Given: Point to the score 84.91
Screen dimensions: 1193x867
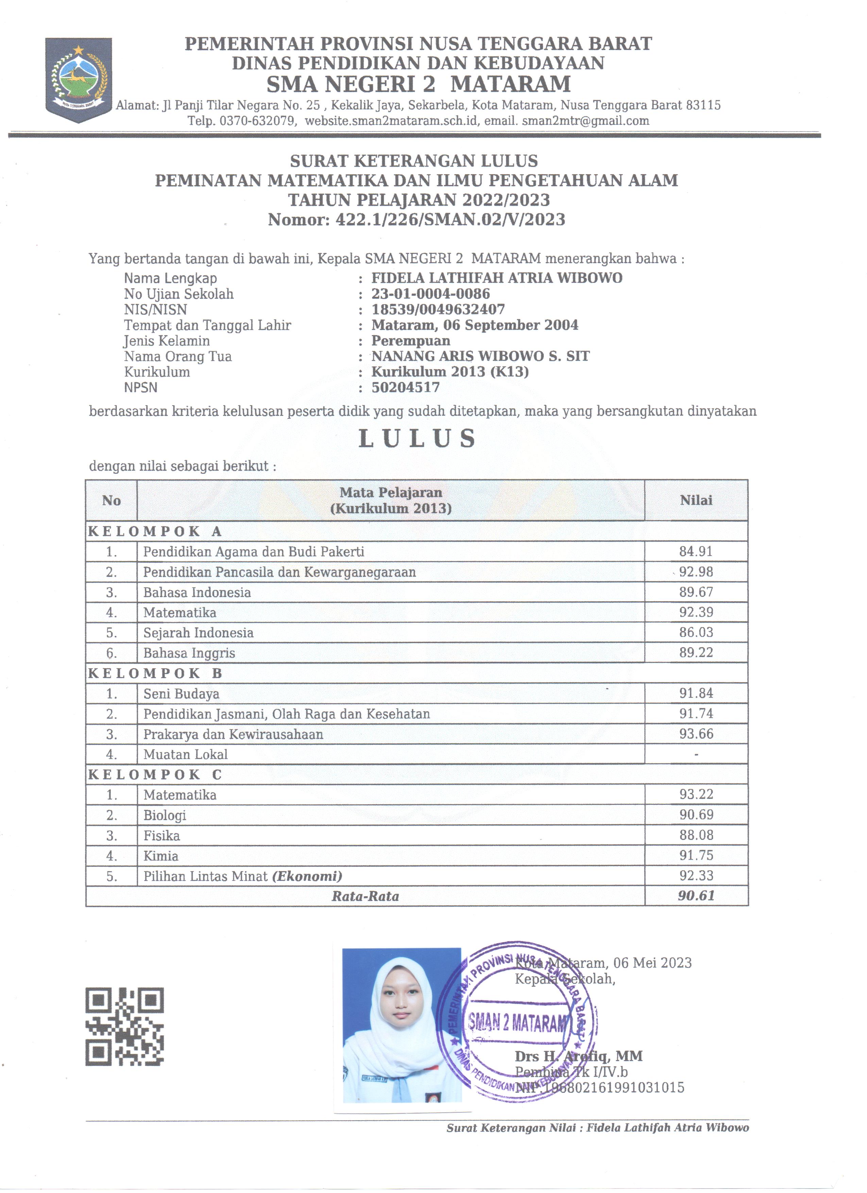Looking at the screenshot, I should (696, 551).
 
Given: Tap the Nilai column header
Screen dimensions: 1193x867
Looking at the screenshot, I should (696, 500).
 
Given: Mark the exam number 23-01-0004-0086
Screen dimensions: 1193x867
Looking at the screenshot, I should (430, 294).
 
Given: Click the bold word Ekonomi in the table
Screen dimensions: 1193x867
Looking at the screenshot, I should (307, 876).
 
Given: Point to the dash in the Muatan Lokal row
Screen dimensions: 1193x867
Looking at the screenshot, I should (696, 754).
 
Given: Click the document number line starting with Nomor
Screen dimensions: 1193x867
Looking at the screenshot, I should (417, 219).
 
